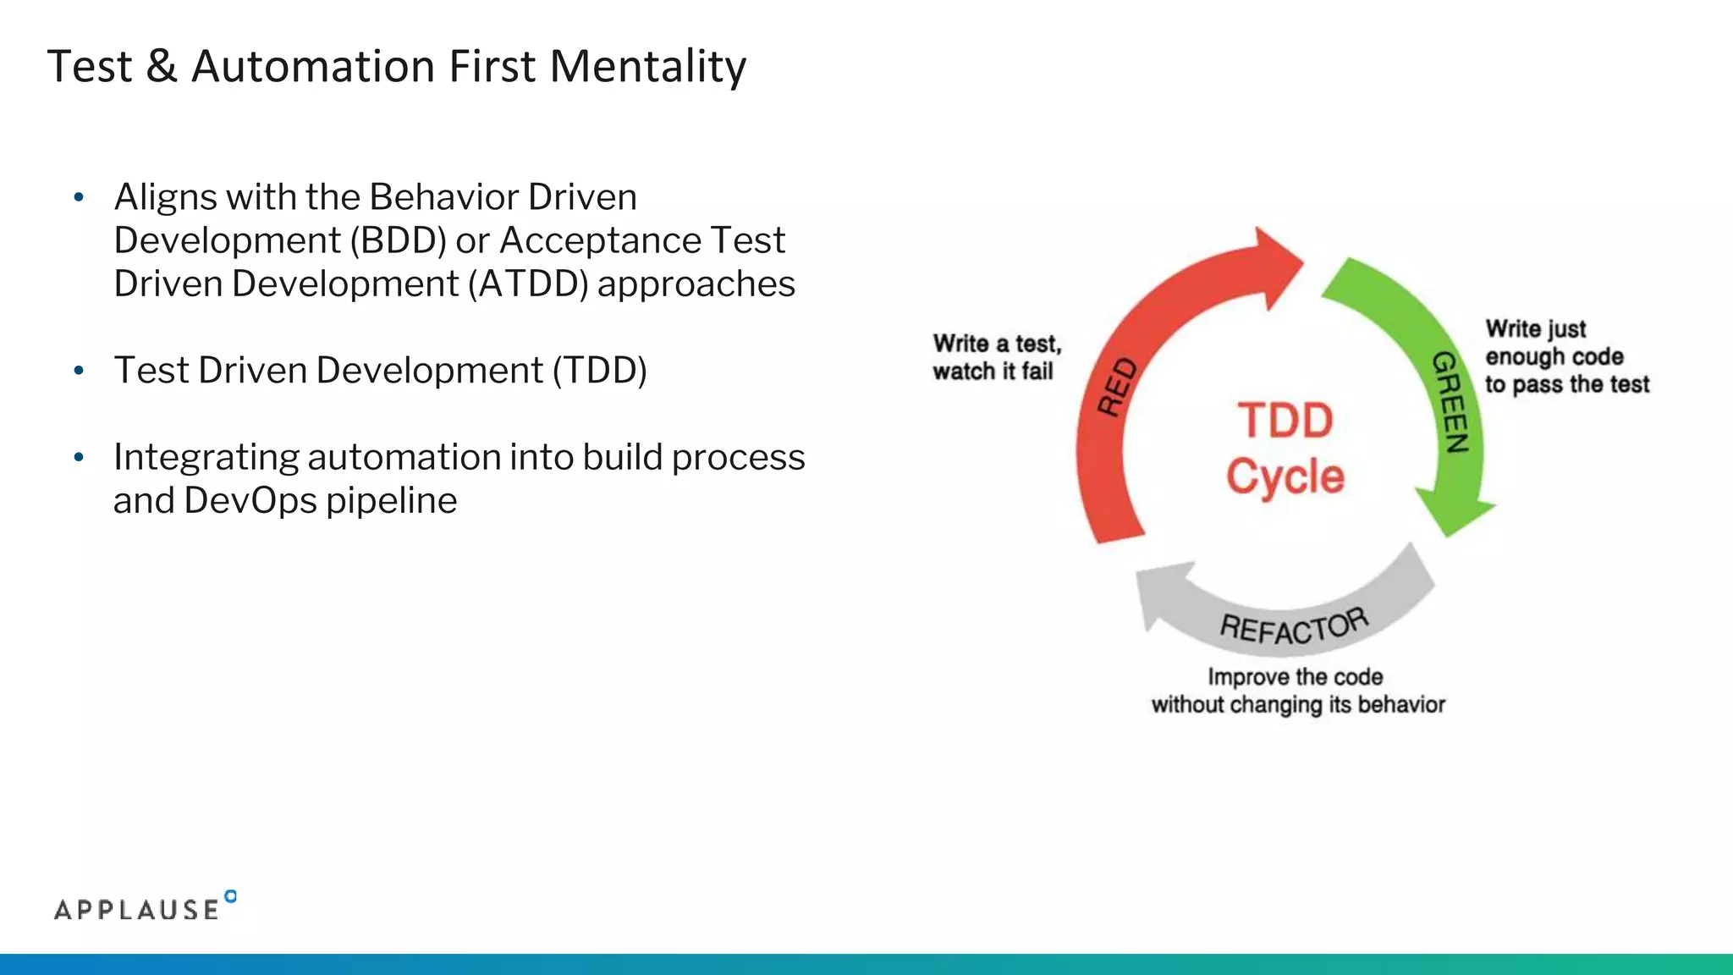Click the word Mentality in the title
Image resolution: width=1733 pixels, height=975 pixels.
pos(647,68)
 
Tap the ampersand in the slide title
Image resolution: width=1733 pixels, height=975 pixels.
pos(161,68)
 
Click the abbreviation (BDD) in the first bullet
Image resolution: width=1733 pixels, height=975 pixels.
pos(398,241)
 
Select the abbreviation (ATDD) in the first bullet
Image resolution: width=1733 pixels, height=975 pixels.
pos(528,284)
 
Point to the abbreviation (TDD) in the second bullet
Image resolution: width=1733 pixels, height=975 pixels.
pos(600,371)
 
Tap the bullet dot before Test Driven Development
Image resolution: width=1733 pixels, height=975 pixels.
pos(79,371)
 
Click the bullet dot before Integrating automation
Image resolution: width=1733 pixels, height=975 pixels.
pos(79,458)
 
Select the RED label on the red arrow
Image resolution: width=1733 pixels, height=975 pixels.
pos(1117,386)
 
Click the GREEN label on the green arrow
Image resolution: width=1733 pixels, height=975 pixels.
pos(1450,403)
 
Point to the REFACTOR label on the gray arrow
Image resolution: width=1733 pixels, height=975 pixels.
pos(1294,627)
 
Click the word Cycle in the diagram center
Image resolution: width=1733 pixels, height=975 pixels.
pos(1285,476)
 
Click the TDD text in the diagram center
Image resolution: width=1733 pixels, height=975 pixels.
pos(1285,421)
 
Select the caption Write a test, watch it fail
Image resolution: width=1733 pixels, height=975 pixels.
pos(996,357)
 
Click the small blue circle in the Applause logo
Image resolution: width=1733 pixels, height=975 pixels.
pos(231,896)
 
